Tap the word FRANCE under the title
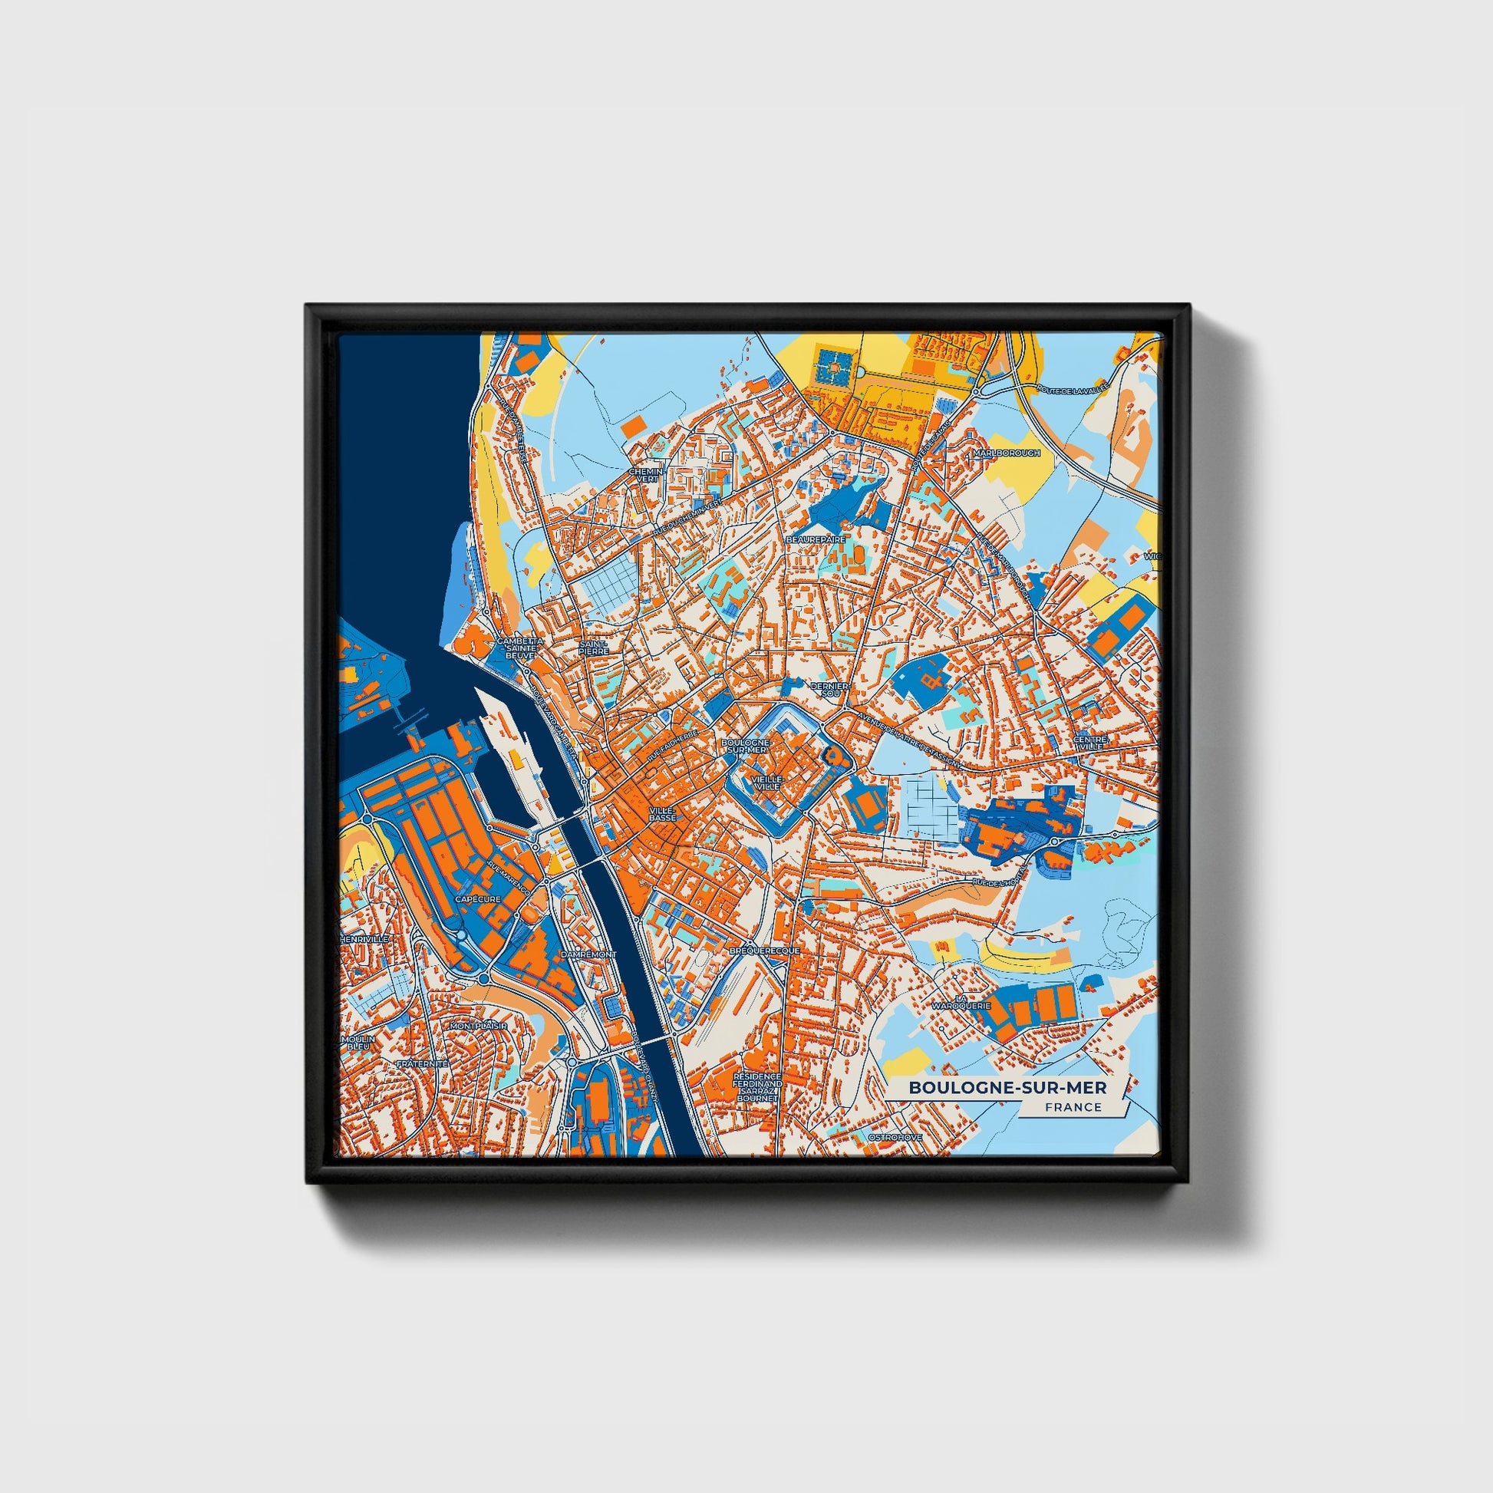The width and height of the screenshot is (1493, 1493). pyautogui.click(x=1073, y=1106)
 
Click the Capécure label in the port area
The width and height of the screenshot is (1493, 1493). pyautogui.click(x=478, y=899)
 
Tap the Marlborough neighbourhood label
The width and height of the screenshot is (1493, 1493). pyautogui.click(x=1007, y=453)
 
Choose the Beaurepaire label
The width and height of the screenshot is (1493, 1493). pyautogui.click(x=816, y=539)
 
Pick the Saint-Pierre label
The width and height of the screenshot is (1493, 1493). pyautogui.click(x=595, y=647)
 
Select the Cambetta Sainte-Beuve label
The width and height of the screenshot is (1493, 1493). pyautogui.click(x=519, y=648)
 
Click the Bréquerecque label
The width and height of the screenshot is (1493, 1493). pyautogui.click(x=764, y=951)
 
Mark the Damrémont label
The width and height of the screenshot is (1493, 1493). pyautogui.click(x=589, y=954)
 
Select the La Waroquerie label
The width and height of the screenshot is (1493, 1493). pyautogui.click(x=961, y=1002)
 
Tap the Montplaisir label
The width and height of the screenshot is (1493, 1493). pyautogui.click(x=478, y=1026)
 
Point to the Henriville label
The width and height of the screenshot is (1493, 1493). pyautogui.click(x=364, y=938)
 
